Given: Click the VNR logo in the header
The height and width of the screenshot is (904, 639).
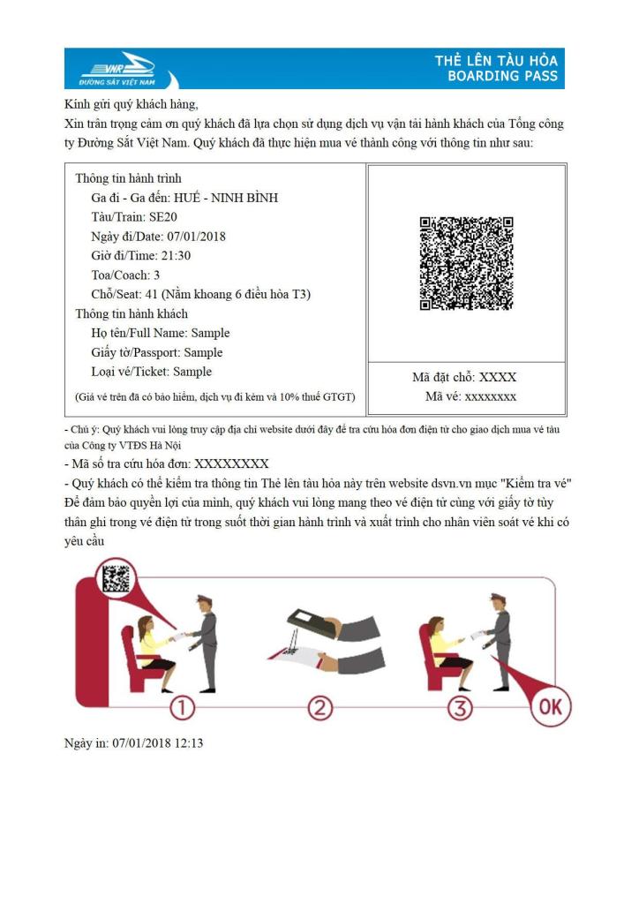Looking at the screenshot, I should tap(117, 68).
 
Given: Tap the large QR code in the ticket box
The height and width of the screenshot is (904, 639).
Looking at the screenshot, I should tap(466, 263).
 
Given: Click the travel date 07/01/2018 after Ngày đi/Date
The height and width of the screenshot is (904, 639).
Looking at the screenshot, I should tap(196, 237).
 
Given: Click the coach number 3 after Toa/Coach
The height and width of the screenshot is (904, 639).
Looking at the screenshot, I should tap(156, 275).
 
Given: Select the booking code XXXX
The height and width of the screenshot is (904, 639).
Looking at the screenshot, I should tap(498, 378).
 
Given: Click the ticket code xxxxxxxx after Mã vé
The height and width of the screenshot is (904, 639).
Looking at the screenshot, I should tap(491, 396).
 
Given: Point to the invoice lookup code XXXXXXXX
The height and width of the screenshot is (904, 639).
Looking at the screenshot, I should tap(231, 463).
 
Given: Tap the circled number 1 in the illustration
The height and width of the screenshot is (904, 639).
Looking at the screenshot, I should tap(181, 707).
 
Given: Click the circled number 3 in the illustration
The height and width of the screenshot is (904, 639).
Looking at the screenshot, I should tap(460, 707).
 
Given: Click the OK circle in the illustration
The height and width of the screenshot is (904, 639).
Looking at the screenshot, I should tap(550, 707).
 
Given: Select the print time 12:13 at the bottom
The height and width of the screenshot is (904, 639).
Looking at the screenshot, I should tap(187, 743).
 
